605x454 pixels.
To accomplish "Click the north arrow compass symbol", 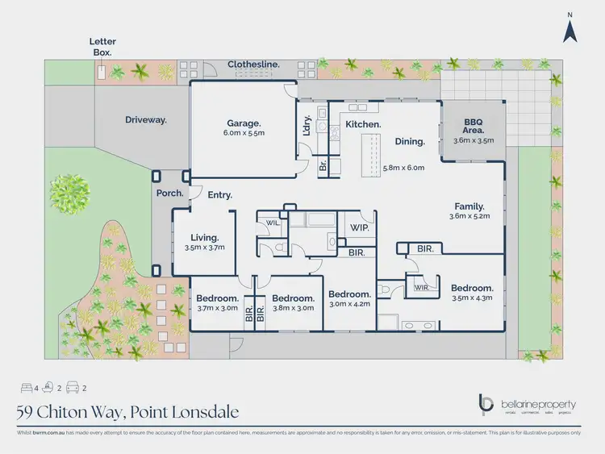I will tap(570, 30).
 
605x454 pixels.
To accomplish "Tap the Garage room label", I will tap(243, 124).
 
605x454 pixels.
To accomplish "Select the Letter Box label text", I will tap(101, 46).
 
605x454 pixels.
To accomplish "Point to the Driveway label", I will tap(145, 119).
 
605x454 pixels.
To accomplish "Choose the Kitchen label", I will tap(363, 125).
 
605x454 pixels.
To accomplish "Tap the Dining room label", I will tap(410, 142).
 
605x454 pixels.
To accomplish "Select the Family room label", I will tap(472, 206).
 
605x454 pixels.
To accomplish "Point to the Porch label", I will tap(170, 194).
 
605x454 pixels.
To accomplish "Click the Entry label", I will tap(220, 195).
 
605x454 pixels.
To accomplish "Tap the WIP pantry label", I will tap(359, 228).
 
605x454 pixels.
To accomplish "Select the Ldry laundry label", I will tap(307, 128).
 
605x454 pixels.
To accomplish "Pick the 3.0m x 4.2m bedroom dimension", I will tap(349, 305).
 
